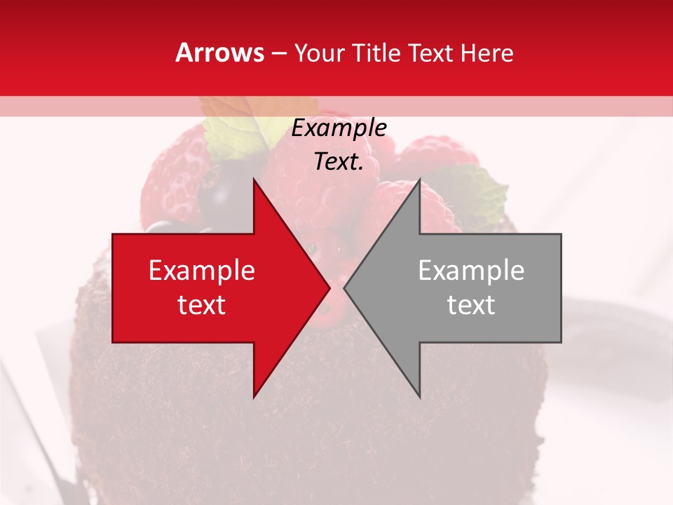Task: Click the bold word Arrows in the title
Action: [219, 53]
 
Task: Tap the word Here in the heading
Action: [487, 53]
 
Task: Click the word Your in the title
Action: [320, 53]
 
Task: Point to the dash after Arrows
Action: [278, 53]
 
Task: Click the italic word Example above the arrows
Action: [339, 128]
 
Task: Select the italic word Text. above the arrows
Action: [339, 162]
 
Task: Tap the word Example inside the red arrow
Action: [202, 271]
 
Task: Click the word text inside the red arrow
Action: [202, 305]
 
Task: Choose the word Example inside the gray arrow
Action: [471, 271]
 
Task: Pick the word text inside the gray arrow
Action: [471, 305]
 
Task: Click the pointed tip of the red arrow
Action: [329, 288]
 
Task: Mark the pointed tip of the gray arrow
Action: [344, 288]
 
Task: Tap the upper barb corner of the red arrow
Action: [254, 180]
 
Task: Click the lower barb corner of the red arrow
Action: [254, 396]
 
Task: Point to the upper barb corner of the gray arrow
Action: [419, 180]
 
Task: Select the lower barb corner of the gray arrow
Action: [419, 396]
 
